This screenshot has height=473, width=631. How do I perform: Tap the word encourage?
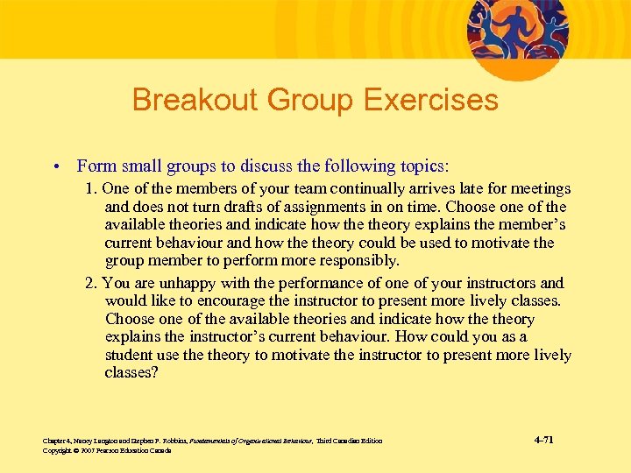click(x=233, y=301)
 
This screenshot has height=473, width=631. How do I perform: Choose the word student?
click(x=130, y=355)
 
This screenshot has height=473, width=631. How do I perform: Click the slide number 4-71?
click(x=543, y=439)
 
